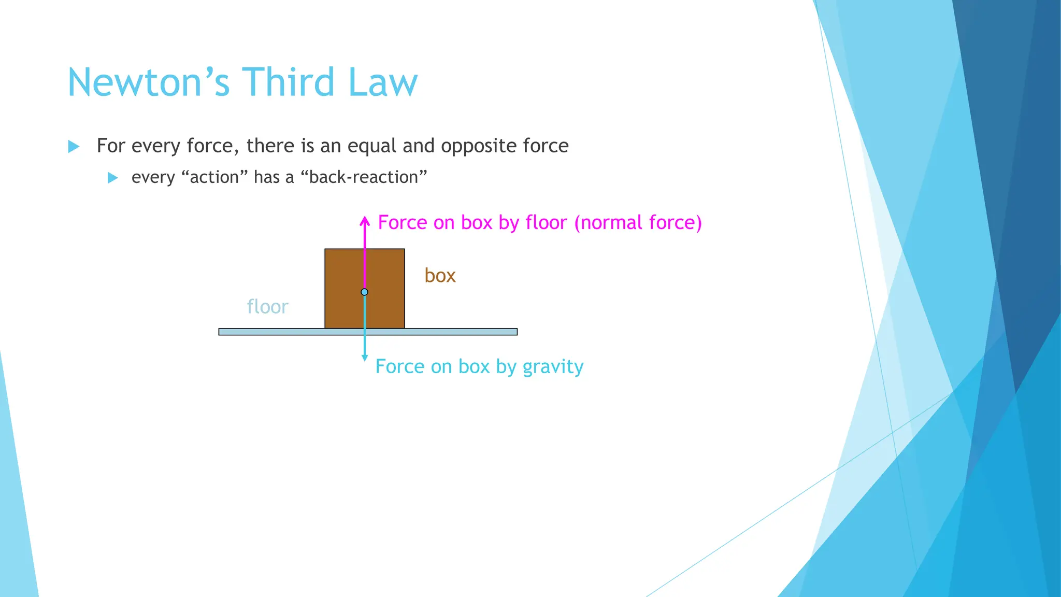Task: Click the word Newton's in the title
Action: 148,82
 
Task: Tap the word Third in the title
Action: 288,82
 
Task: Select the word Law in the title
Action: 382,82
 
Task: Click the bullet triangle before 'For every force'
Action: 74,147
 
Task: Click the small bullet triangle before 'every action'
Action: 112,178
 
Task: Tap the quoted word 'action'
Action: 214,177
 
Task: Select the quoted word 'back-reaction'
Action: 364,177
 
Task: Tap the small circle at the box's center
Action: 365,292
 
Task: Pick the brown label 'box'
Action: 440,276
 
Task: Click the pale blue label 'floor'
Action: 267,307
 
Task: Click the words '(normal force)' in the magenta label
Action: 638,223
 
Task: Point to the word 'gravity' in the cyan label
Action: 553,367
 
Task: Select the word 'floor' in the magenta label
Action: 546,223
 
